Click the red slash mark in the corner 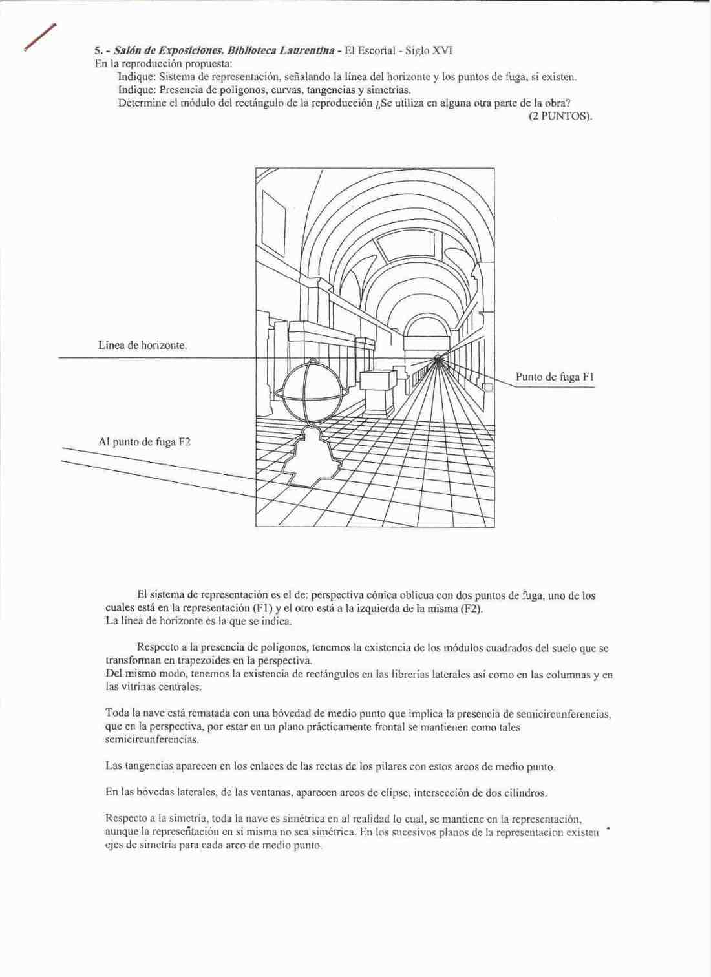pos(39,37)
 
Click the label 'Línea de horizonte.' pos(142,345)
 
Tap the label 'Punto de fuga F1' pos(555,376)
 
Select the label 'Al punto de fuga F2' pos(144,442)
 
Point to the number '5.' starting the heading pos(99,50)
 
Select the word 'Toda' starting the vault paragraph pos(117,713)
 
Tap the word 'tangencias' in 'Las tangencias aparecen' pos(147,766)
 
